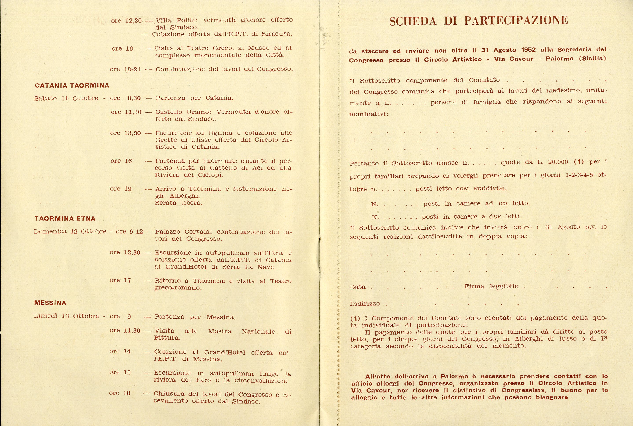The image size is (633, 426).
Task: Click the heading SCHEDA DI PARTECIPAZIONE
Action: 478,21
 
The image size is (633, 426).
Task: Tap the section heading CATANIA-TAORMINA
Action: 72,85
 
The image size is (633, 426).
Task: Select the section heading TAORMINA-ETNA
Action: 65,218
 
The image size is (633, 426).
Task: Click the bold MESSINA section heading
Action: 50,303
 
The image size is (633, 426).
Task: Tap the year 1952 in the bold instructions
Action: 528,50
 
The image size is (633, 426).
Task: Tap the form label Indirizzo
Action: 365,304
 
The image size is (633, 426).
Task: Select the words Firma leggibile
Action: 491,286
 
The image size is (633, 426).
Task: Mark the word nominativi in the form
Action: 368,114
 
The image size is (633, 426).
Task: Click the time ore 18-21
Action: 125,69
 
